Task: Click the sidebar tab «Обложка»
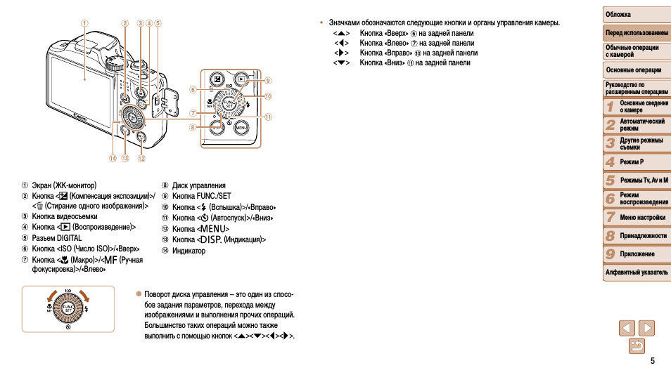pyautogui.click(x=636, y=15)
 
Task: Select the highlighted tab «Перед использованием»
pyautogui.click(x=636, y=33)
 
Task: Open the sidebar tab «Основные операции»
pyautogui.click(x=636, y=70)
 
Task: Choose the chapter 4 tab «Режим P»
pyautogui.click(x=636, y=162)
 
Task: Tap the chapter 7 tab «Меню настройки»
pyautogui.click(x=636, y=218)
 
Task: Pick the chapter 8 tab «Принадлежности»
pyautogui.click(x=636, y=236)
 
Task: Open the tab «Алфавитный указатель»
pyautogui.click(x=636, y=272)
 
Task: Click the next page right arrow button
pyautogui.click(x=646, y=327)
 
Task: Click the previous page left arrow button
pyautogui.click(x=627, y=327)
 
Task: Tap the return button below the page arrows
pyautogui.click(x=637, y=345)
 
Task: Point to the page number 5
pyautogui.click(x=652, y=361)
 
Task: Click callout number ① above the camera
pyautogui.click(x=84, y=22)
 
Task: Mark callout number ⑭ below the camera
pyautogui.click(x=111, y=158)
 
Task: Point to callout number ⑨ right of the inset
pyautogui.click(x=268, y=80)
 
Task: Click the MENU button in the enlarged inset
pyautogui.click(x=241, y=127)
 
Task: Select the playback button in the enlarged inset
pyautogui.click(x=240, y=79)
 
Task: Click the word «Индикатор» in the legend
pyautogui.click(x=188, y=251)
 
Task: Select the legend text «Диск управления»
pyautogui.click(x=198, y=185)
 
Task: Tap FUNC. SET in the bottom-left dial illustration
pyautogui.click(x=68, y=308)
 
